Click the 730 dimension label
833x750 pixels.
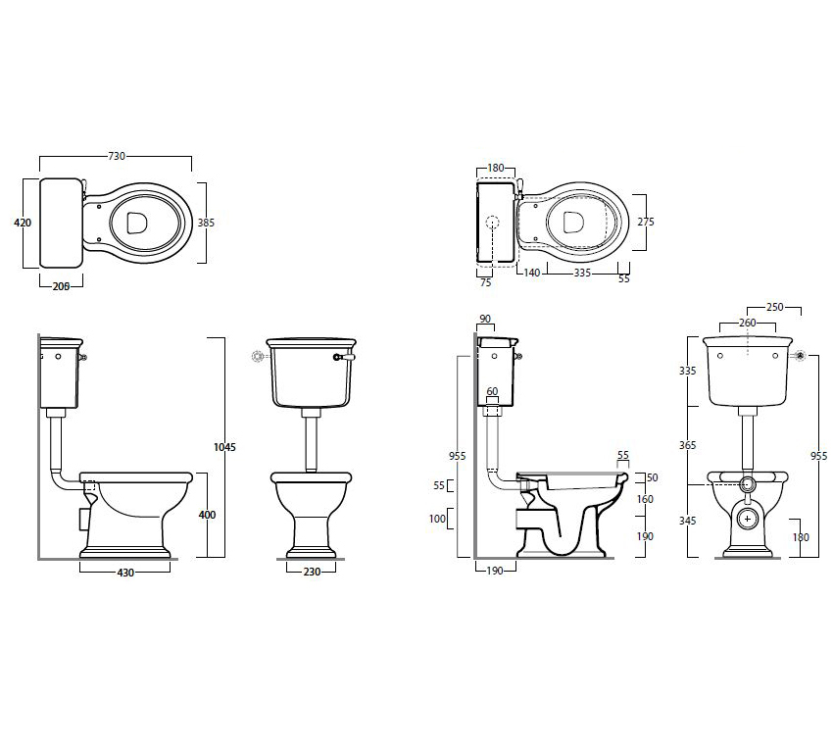point(117,156)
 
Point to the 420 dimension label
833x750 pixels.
point(23,223)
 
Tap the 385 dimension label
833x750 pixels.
point(206,223)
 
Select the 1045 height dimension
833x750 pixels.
point(224,447)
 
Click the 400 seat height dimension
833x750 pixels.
point(207,515)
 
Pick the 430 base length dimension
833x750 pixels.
point(125,573)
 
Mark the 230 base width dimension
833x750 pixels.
point(312,572)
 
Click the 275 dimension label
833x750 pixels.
point(646,222)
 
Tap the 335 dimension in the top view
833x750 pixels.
point(582,273)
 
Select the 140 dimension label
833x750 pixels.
point(532,273)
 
